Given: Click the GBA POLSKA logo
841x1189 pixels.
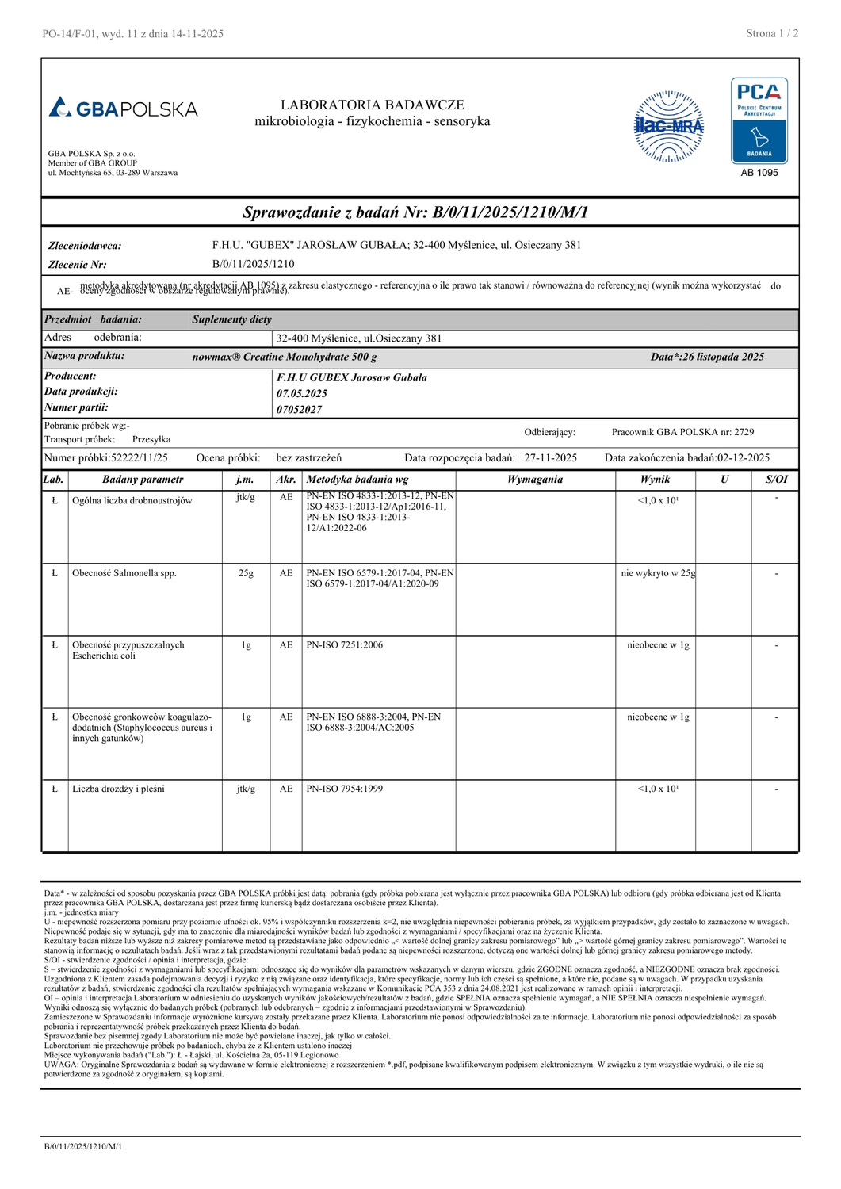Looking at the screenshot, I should (123, 108).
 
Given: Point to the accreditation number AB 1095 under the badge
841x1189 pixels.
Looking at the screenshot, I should (759, 173).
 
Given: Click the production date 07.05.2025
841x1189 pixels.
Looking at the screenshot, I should (302, 393).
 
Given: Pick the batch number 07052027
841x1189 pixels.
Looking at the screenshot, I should (299, 410).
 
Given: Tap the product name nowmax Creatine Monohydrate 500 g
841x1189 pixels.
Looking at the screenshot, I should (285, 357).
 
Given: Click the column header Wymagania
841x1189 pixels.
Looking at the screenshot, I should (535, 480).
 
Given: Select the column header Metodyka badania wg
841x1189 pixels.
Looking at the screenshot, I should (357, 480).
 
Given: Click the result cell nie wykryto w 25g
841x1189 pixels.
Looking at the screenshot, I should (658, 573).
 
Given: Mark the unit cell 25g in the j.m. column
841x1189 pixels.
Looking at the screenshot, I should (246, 573).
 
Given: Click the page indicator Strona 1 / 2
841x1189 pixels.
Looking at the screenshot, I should (772, 33).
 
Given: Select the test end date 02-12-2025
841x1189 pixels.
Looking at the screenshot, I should (744, 458).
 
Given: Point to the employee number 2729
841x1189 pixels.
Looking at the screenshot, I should (744, 432).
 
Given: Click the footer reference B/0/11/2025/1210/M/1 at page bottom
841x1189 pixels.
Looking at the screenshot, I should (82, 1146).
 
